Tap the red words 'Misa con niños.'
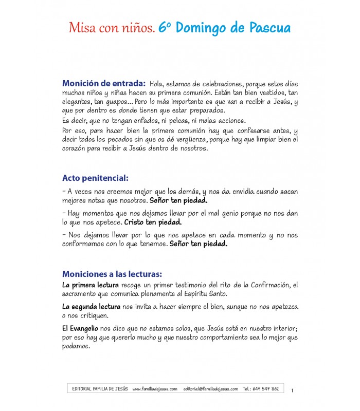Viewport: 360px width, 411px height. (x=111, y=29)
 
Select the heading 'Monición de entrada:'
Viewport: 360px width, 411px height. (x=103, y=83)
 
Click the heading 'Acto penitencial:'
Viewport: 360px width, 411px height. (x=95, y=178)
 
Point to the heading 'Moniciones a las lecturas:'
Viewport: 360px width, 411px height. (x=112, y=274)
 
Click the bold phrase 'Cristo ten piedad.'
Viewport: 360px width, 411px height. (x=153, y=223)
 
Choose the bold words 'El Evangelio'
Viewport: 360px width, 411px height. (x=80, y=328)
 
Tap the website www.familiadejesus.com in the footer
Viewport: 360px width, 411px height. (x=155, y=389)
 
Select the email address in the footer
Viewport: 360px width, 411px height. (x=210, y=389)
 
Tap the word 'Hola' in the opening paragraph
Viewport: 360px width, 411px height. (x=157, y=84)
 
